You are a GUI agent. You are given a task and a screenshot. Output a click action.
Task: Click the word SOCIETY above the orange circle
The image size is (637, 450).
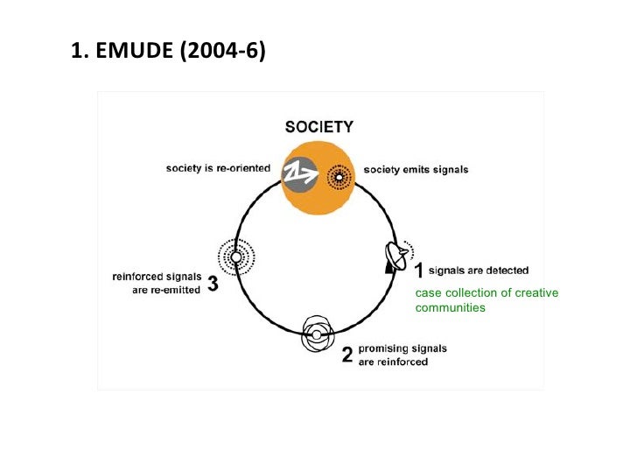point(319,126)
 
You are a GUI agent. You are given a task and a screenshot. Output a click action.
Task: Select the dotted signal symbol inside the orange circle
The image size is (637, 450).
point(337,178)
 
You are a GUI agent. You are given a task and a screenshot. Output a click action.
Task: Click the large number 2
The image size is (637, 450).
point(346,355)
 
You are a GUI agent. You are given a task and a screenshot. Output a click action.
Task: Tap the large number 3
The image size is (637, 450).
point(213,285)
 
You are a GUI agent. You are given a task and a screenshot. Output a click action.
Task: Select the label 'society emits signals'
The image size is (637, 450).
point(416,170)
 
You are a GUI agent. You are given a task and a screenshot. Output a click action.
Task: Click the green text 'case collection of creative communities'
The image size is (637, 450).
point(486,299)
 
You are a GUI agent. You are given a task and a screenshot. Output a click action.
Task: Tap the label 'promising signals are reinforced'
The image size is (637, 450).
point(402,355)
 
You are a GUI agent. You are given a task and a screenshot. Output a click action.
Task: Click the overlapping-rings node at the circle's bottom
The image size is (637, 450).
point(316,334)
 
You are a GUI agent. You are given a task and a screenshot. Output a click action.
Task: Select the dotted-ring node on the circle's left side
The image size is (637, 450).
point(234,257)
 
